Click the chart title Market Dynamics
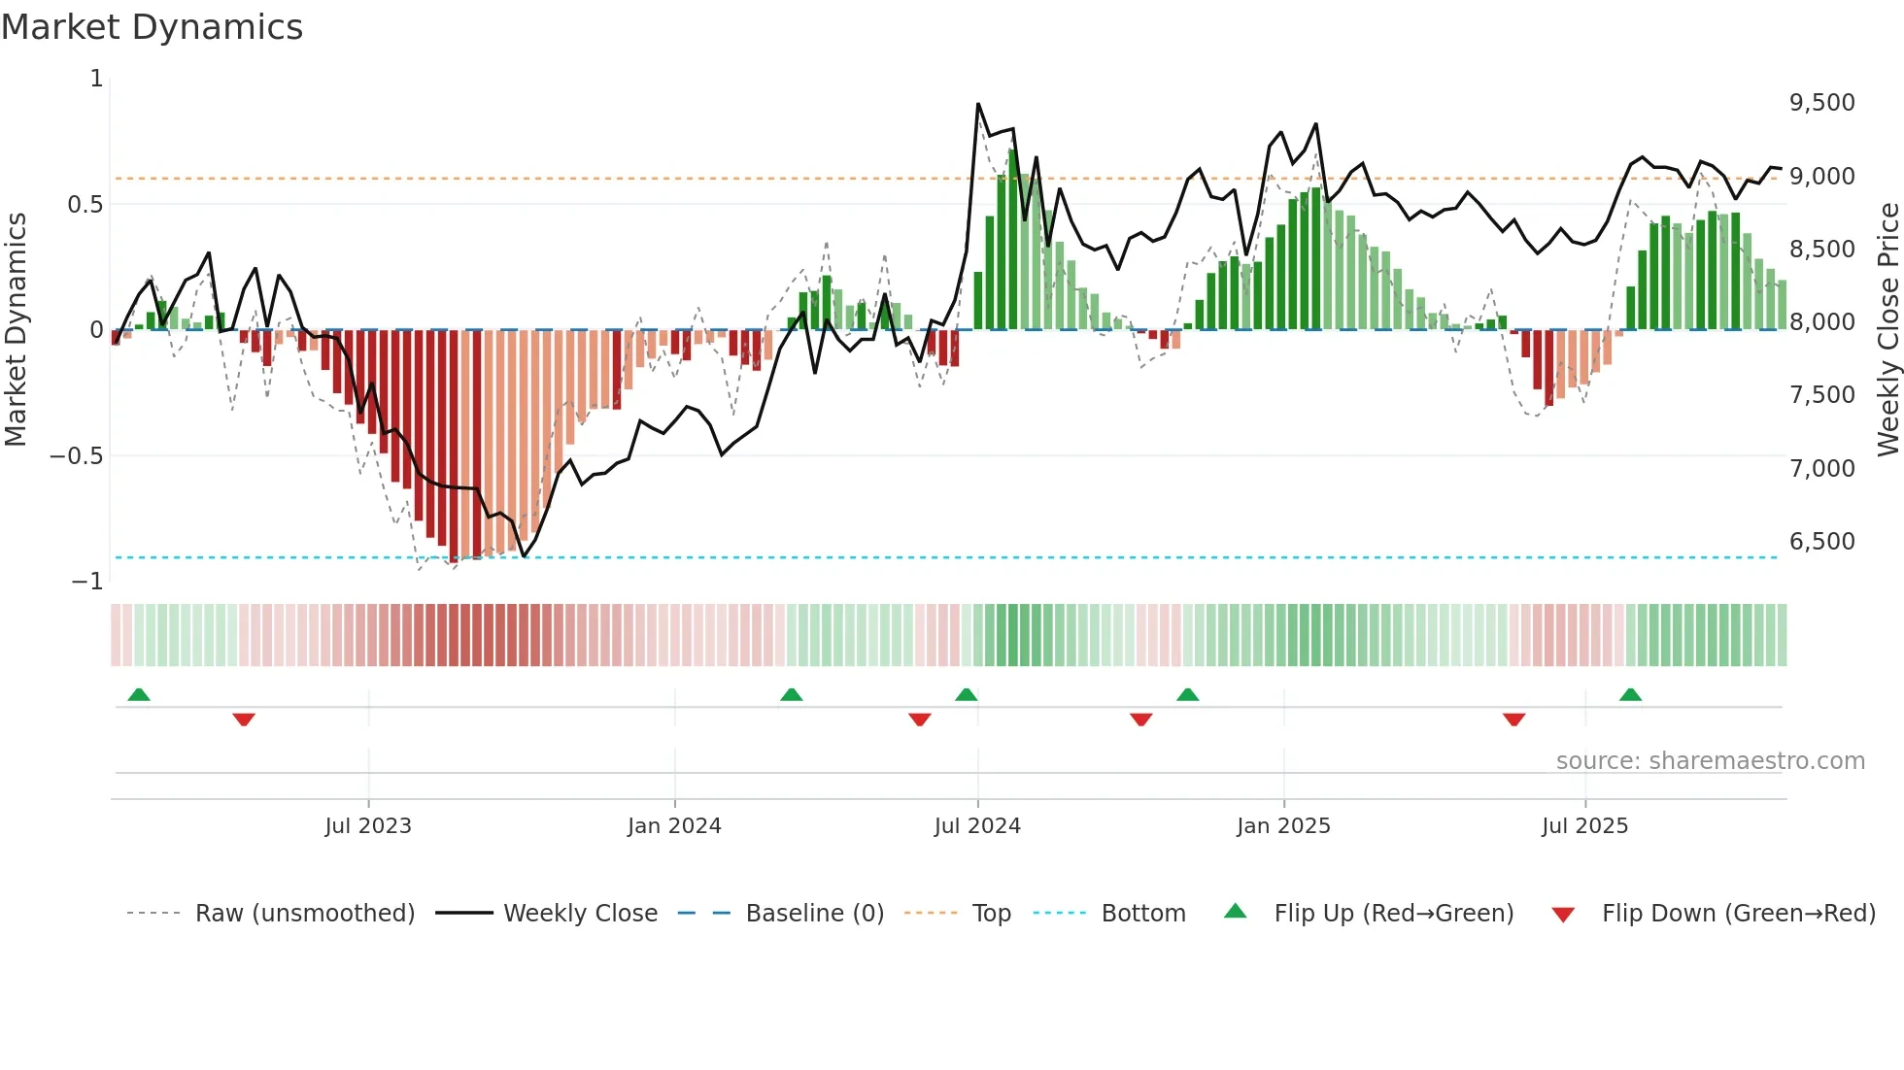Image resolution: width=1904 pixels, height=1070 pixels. tap(152, 27)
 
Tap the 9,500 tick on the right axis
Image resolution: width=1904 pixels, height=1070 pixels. tap(1821, 103)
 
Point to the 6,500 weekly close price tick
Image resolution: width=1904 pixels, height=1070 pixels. tap(1821, 542)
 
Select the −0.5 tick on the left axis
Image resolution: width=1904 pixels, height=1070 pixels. tap(76, 456)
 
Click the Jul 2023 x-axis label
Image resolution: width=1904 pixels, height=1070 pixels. tap(368, 826)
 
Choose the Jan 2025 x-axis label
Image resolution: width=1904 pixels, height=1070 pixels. tap(1283, 826)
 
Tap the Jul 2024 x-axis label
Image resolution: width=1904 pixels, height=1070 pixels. tap(977, 826)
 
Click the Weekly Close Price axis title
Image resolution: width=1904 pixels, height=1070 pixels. tap(1887, 329)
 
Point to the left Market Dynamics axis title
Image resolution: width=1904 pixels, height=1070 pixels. tap(16, 329)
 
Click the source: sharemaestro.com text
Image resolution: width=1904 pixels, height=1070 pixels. tap(1710, 761)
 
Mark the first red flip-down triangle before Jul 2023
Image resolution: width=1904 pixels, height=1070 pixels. tap(244, 719)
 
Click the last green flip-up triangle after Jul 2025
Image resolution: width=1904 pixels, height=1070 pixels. tap(1630, 694)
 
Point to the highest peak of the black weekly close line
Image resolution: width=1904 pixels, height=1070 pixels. tap(977, 104)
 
